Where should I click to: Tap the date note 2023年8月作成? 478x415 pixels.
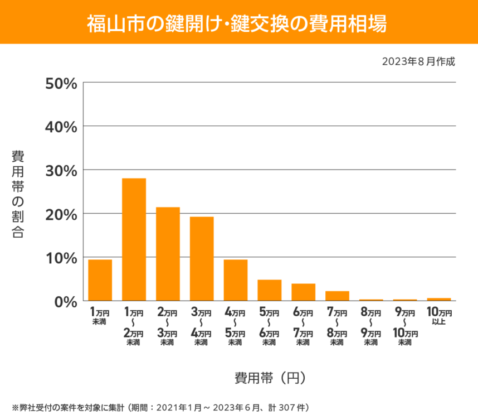[418, 61]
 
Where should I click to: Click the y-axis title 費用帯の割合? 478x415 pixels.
[18, 194]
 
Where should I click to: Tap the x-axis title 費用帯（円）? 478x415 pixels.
[270, 378]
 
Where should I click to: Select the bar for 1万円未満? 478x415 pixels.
[100, 280]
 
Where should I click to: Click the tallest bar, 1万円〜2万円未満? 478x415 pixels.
[134, 240]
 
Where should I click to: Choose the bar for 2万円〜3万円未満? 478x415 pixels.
[168, 254]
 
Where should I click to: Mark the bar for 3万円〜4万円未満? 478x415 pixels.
[202, 259]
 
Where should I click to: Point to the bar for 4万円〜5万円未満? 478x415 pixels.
[236, 280]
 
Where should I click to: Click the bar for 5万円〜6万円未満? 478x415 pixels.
[269, 290]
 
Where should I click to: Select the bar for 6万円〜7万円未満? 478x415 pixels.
[303, 292]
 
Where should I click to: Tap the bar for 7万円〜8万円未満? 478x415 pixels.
[337, 296]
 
